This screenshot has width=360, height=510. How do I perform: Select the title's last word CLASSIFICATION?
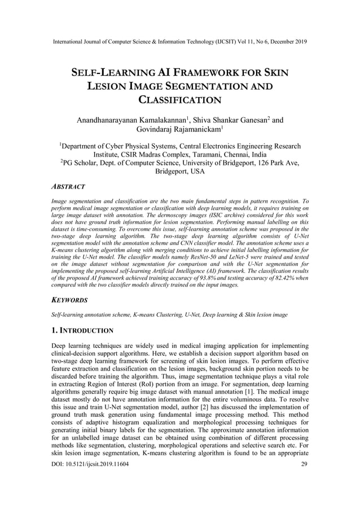click(179, 101)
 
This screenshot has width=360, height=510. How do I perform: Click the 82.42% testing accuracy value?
click(285, 278)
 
